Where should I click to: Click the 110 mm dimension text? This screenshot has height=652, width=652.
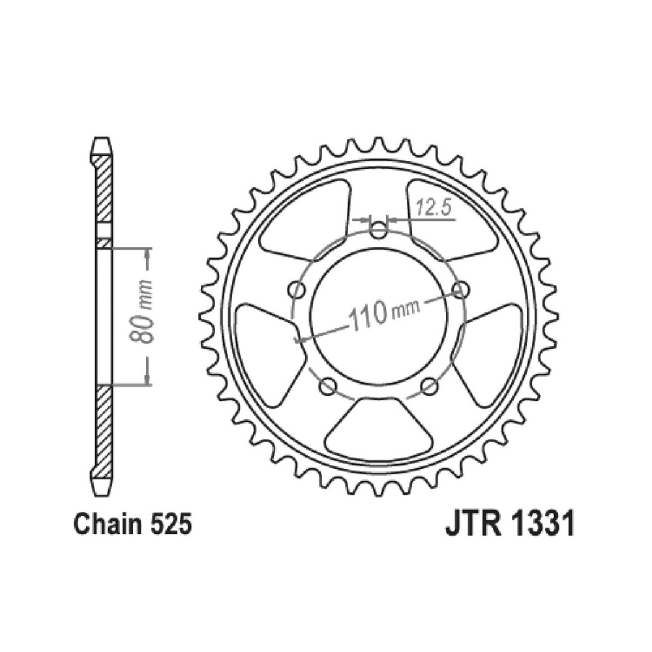point(384,312)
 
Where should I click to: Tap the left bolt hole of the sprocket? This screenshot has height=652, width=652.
point(297,289)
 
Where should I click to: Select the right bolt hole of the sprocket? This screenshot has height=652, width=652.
point(460,289)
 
